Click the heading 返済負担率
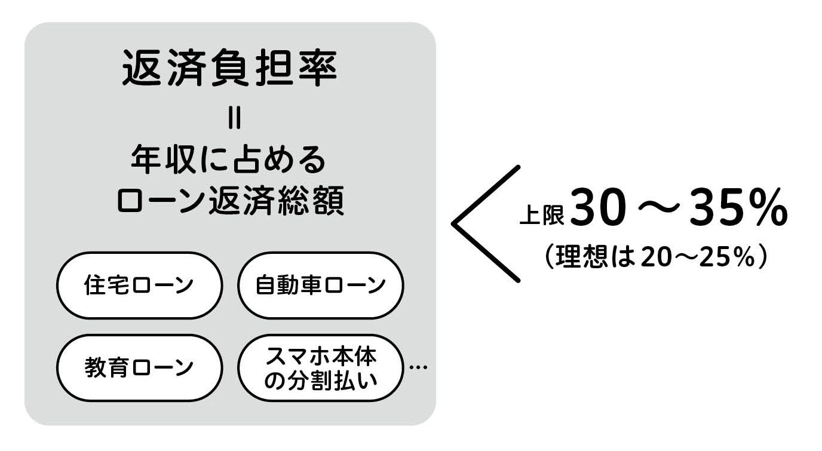(229, 68)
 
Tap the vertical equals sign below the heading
(235, 118)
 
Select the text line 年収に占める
(228, 159)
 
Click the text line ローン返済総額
(231, 200)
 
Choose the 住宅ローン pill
(139, 285)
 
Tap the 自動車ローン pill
(320, 285)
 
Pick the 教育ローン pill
(139, 368)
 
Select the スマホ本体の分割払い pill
(320, 368)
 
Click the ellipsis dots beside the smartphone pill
(418, 367)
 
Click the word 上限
(542, 214)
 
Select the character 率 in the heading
(318, 68)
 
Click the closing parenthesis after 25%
(762, 256)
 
